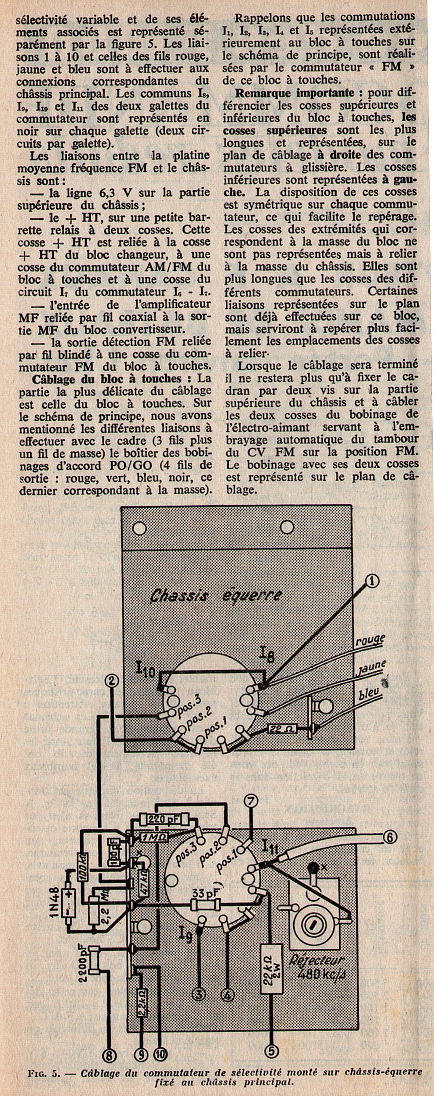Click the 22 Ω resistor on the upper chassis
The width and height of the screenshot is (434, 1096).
point(283,729)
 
